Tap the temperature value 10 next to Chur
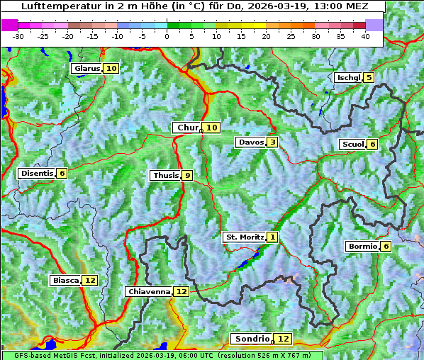pos(212,128)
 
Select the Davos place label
pos(250,142)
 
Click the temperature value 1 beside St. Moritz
pos(273,237)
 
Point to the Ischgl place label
pos(348,77)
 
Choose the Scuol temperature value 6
pos(372,145)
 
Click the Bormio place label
pos(362,247)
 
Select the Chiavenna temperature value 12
pos(182,291)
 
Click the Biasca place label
pos(65,281)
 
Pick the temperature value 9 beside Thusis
pos(187,175)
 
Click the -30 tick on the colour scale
pos(18,36)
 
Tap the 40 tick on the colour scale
pos(365,36)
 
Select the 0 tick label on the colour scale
pos(167,36)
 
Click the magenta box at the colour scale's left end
pos(10,25)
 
